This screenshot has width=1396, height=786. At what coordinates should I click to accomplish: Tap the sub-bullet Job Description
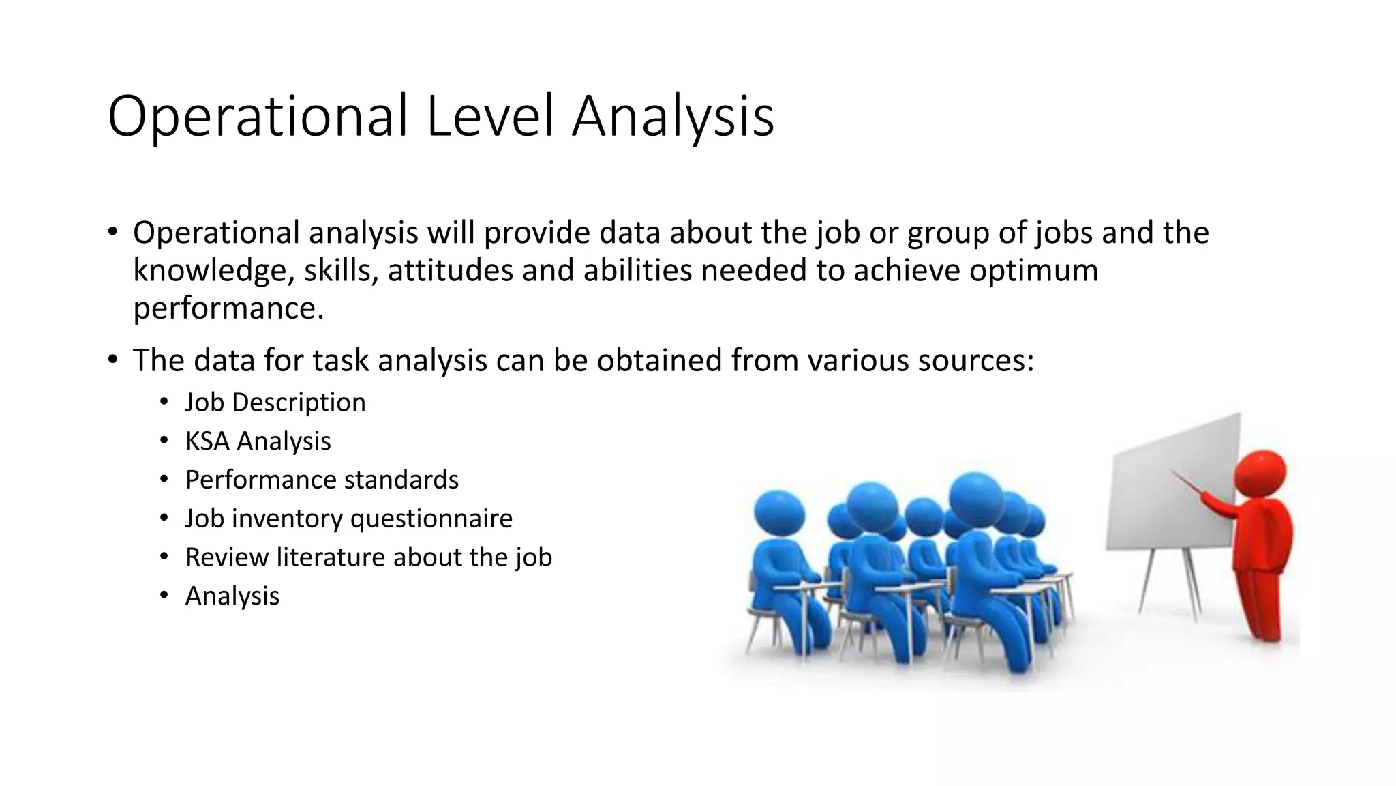click(x=275, y=403)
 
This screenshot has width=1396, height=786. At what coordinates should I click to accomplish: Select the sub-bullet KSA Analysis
click(x=258, y=441)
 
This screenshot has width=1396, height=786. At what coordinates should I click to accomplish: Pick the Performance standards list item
click(x=322, y=480)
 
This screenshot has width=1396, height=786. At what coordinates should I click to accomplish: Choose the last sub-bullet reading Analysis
click(x=232, y=596)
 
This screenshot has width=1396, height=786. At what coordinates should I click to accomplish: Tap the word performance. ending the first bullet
click(x=228, y=308)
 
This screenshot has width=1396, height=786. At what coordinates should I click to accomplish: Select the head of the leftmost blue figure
click(x=778, y=513)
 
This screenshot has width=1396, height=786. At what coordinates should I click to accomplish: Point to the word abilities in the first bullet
click(x=637, y=270)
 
